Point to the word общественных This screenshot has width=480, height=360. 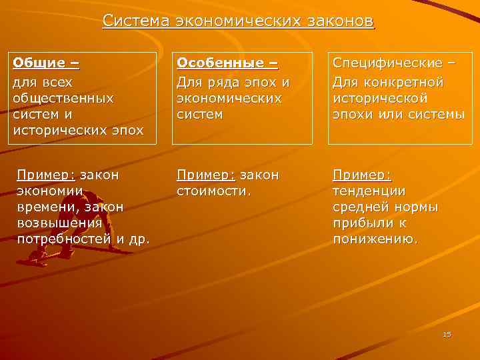(63, 97)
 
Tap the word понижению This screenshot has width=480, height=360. (375, 239)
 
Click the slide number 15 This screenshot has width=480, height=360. (447, 334)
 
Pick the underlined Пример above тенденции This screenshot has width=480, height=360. (362, 175)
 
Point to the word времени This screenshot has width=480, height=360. (46, 207)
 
